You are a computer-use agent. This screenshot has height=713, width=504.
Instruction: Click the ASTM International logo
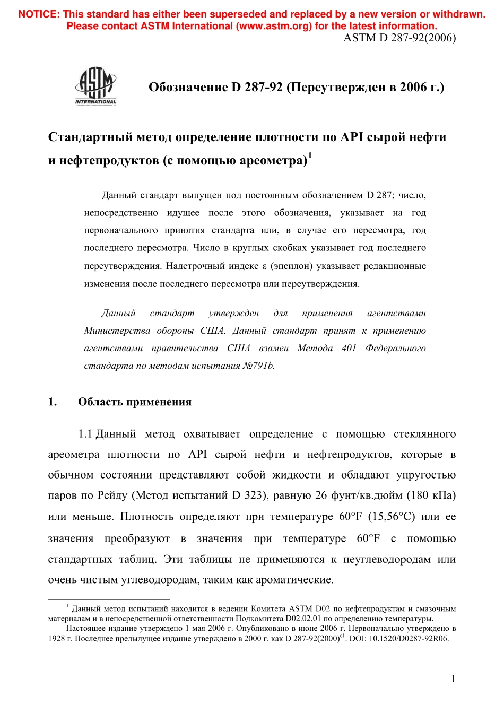pos(95,86)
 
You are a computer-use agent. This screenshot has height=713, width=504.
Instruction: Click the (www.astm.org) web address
pos(274,26)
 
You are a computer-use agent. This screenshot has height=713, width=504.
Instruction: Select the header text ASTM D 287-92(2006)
pos(399,38)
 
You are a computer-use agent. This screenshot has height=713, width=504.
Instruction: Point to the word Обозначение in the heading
pos(188,87)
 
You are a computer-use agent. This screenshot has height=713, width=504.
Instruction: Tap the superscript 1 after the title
pos(310,155)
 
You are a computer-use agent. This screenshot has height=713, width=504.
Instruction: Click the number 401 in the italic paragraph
pos(349,348)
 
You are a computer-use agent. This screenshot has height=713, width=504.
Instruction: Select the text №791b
pos(258,366)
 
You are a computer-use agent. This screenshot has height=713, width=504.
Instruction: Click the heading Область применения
pos(135,402)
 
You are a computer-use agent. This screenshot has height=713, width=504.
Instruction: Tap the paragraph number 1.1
pos(85,434)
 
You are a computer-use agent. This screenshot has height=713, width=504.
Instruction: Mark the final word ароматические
pos(294,579)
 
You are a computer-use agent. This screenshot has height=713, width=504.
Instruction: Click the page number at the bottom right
pos(453,679)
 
